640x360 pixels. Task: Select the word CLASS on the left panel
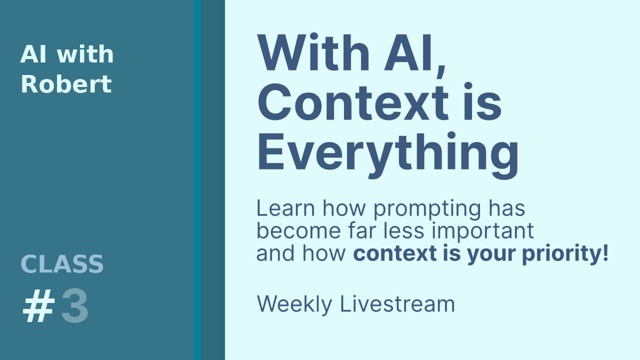point(62,264)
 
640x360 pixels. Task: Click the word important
point(486,231)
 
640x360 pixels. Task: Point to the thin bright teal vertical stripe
point(197,180)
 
